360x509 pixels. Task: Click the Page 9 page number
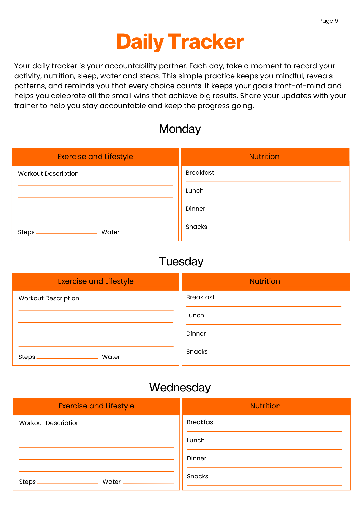(328, 21)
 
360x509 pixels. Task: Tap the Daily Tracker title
(180, 42)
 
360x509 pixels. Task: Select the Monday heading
(180, 129)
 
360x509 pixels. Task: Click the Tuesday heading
(181, 261)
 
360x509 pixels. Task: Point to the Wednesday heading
(180, 387)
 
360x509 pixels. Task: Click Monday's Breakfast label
(200, 173)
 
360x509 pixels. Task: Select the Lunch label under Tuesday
(195, 315)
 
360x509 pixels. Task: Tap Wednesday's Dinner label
(196, 458)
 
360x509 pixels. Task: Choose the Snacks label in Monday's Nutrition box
(196, 227)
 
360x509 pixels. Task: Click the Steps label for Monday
(26, 232)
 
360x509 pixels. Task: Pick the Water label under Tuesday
(111, 357)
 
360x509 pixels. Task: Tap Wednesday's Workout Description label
(49, 423)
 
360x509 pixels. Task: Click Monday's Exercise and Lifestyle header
(95, 157)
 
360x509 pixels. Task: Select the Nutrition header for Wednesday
(265, 406)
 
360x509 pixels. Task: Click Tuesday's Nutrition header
(265, 281)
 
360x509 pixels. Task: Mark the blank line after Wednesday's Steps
(67, 483)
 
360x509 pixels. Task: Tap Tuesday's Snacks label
(197, 352)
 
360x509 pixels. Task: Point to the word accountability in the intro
(131, 66)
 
